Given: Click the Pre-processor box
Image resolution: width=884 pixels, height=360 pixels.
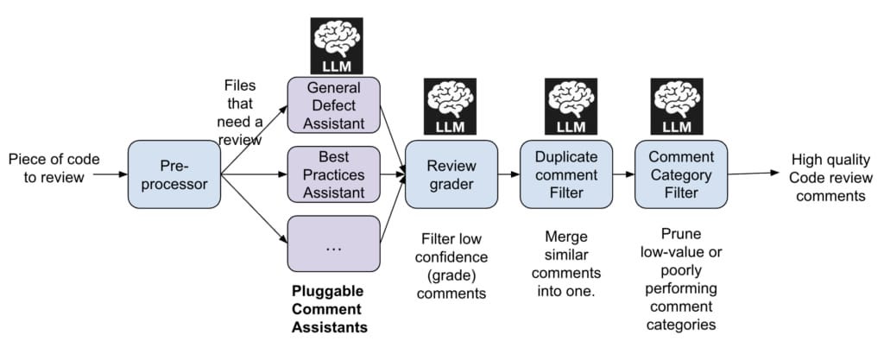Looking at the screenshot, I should [174, 174].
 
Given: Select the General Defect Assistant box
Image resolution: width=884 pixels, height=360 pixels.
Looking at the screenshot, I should [333, 105].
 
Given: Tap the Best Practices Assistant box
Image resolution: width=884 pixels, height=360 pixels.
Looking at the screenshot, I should [333, 174].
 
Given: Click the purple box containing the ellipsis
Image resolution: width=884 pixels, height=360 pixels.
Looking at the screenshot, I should [333, 243].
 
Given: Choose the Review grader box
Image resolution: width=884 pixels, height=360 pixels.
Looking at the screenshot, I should [451, 174].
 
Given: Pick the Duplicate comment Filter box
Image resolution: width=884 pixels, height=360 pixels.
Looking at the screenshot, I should [565, 174].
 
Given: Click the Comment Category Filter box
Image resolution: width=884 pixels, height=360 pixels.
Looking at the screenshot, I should [681, 174].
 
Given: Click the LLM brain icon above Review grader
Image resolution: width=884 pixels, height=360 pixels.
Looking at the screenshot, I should [451, 107].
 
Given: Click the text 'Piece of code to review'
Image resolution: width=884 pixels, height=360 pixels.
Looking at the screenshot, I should [54, 169].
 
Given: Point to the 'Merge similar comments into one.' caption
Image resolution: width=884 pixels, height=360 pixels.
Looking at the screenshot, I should [565, 262].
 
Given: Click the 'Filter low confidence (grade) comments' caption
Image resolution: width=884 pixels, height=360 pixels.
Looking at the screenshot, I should [451, 265].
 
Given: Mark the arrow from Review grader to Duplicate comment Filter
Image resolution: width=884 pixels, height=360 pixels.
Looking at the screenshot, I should [508, 174].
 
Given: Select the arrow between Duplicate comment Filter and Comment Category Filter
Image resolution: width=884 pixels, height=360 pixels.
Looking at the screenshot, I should [623, 174].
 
